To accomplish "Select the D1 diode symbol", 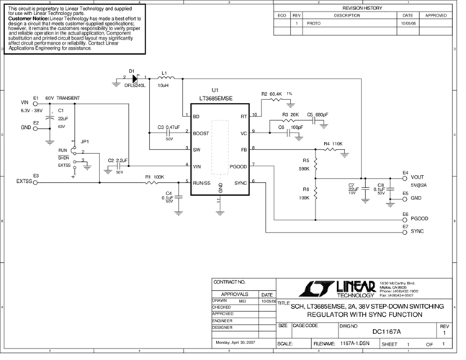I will (135, 78).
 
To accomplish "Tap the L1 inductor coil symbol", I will (164, 78).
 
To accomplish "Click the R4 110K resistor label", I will (333, 144).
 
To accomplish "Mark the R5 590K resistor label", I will (305, 165).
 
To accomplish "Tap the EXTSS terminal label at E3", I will (24, 182).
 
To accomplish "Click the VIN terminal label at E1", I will (25, 102).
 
